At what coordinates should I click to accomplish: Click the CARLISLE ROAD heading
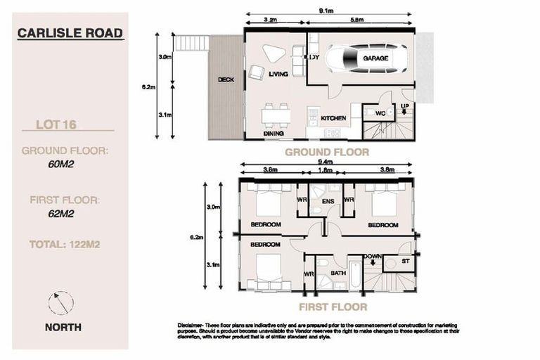70,33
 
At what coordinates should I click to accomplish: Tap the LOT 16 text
56,125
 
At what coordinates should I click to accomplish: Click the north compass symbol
61,303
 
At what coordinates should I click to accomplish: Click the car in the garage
366,58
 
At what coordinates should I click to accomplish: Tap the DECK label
226,80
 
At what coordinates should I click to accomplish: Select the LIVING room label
278,73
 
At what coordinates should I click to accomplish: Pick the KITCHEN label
333,118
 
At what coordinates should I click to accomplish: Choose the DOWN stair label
373,256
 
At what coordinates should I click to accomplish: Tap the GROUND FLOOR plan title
326,152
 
